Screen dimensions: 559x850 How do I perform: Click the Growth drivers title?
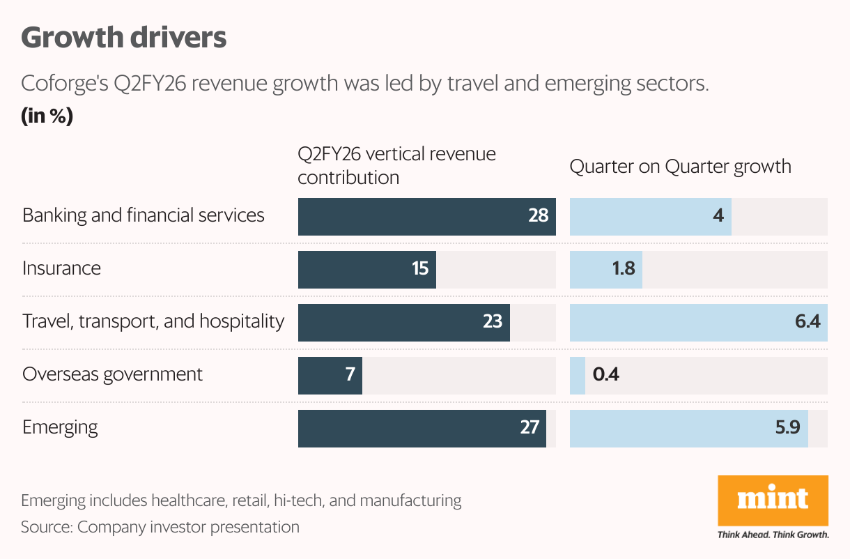point(124,38)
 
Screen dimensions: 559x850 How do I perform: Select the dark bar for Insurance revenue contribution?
point(366,269)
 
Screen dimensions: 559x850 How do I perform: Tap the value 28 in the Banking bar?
point(538,215)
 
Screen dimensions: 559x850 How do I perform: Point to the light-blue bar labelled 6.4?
point(698,322)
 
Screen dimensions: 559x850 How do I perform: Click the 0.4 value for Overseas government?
point(605,375)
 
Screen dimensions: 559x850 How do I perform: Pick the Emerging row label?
point(60,427)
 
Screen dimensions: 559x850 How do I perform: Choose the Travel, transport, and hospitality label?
point(153,321)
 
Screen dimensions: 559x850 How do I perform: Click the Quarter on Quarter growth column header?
point(680,167)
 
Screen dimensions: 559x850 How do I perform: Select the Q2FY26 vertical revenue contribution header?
point(396,166)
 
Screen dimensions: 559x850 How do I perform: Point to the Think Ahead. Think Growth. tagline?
point(773,535)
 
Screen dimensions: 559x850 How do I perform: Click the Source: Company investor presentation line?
point(160,527)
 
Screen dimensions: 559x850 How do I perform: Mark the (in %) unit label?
point(47,116)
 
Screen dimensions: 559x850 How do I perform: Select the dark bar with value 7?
point(330,375)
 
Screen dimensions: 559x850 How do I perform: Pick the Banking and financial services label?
point(144,215)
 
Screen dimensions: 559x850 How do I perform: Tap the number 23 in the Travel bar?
point(492,322)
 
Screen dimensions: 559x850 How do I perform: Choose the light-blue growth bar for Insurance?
point(605,269)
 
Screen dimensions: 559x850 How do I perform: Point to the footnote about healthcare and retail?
point(241,500)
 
